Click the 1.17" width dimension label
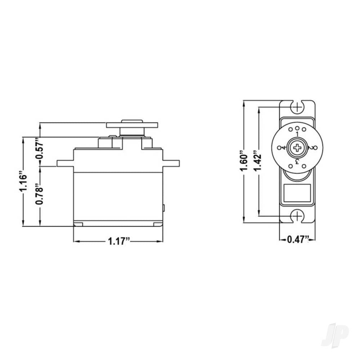118,242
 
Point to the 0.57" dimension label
40,148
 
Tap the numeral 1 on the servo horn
297,134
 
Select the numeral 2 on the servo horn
311,148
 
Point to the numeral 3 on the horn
297,161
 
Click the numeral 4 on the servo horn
284,148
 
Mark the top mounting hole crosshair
297,107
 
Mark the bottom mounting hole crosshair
297,216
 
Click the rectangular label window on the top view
297,193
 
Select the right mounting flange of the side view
171,164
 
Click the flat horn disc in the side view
132,125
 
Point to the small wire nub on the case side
164,208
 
